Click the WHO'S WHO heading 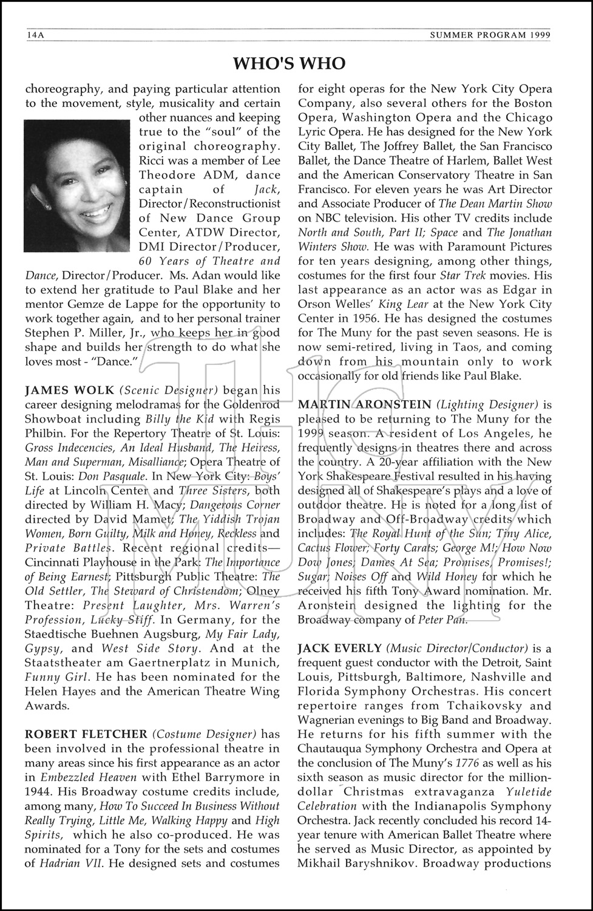click(x=290, y=63)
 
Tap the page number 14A click(x=35, y=35)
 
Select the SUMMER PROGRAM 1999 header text click(x=490, y=35)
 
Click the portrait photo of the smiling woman click(x=77, y=186)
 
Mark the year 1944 click(x=39, y=792)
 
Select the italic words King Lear click(x=408, y=304)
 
